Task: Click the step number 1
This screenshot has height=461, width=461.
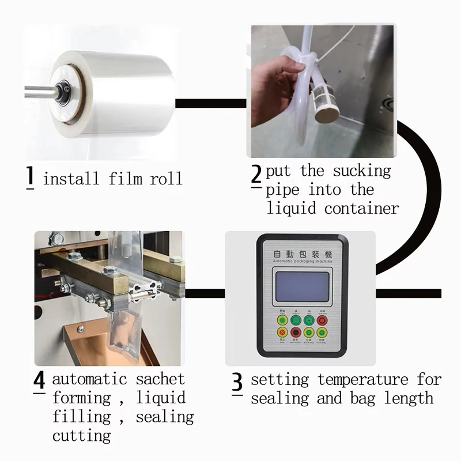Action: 30,177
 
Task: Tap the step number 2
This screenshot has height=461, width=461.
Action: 256,173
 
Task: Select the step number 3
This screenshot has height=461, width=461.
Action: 237,383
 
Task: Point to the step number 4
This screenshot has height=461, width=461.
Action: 39,381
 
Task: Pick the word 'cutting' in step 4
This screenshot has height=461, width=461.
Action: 81,435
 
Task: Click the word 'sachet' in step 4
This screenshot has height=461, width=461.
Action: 160,379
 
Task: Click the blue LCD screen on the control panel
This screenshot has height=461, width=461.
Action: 302,286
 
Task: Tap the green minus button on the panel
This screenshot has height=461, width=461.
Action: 296,320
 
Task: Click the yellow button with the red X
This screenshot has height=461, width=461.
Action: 282,332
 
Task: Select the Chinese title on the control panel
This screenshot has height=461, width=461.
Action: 302,254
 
